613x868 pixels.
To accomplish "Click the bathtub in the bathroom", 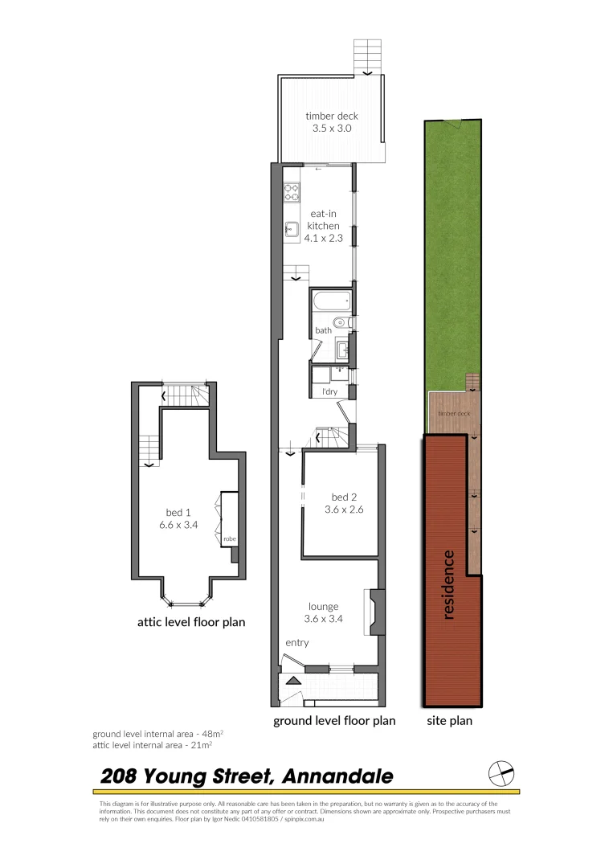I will (x=330, y=305).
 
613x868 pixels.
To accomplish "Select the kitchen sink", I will (x=291, y=229).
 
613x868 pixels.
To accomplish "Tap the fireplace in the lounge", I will (x=374, y=613).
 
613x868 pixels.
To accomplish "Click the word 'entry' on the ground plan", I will (x=296, y=643).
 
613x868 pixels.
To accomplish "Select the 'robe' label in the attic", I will (x=229, y=538).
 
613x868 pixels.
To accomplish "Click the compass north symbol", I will (x=501, y=773).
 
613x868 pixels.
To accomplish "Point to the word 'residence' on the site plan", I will (x=448, y=584).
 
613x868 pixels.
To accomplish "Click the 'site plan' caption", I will (x=449, y=721).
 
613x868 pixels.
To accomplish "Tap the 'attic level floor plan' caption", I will (x=190, y=621).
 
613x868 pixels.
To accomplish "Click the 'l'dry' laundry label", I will (x=329, y=391).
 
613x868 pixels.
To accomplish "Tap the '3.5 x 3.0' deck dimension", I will (x=331, y=128).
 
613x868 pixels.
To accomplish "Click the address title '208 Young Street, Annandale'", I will (x=247, y=776).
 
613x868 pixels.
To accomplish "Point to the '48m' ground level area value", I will (x=211, y=734).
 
